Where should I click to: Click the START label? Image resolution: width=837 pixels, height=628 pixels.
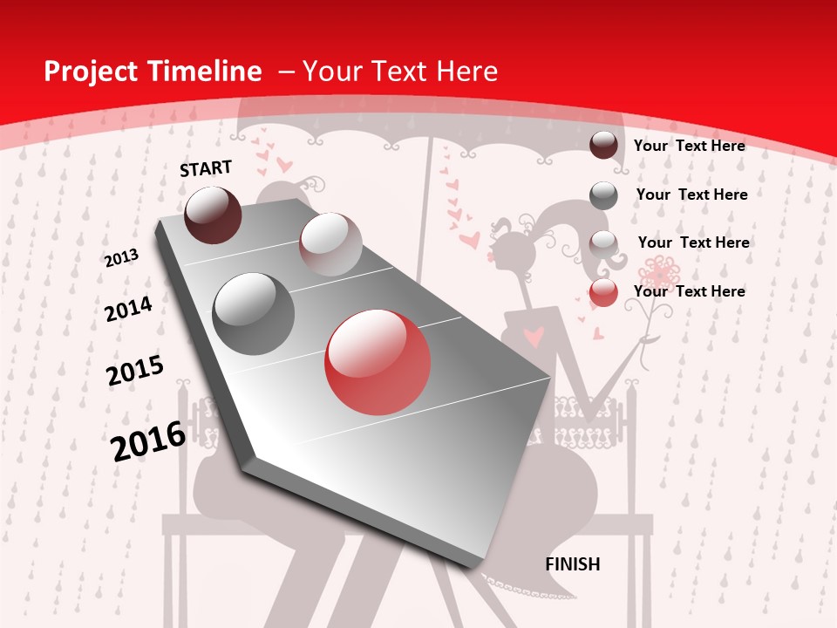pos(206,167)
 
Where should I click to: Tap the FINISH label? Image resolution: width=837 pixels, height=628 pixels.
pos(573,564)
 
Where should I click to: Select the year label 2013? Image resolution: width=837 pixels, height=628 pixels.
pos(122,258)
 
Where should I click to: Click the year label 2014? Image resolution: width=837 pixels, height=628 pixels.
pos(128,309)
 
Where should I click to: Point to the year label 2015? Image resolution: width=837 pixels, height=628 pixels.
pos(135,371)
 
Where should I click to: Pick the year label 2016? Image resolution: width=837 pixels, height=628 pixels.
pos(148,440)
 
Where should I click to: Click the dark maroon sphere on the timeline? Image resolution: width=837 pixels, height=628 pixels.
pos(213,215)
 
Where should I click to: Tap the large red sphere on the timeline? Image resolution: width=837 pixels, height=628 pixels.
pos(378,362)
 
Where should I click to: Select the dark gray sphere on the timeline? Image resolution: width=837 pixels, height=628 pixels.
pos(254,313)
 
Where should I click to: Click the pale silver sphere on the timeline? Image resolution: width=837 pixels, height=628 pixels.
pos(330,244)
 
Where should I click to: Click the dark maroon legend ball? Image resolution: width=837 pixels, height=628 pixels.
pos(603,146)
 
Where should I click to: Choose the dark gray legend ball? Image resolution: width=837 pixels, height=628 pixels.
pos(603,195)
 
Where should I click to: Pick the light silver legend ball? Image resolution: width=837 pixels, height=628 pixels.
pos(603,243)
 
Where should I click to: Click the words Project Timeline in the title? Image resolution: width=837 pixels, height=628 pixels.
pos(153,72)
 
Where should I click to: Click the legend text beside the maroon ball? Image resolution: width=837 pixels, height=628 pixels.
pos(690,146)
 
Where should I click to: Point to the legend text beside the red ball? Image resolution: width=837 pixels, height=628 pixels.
pos(690,291)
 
